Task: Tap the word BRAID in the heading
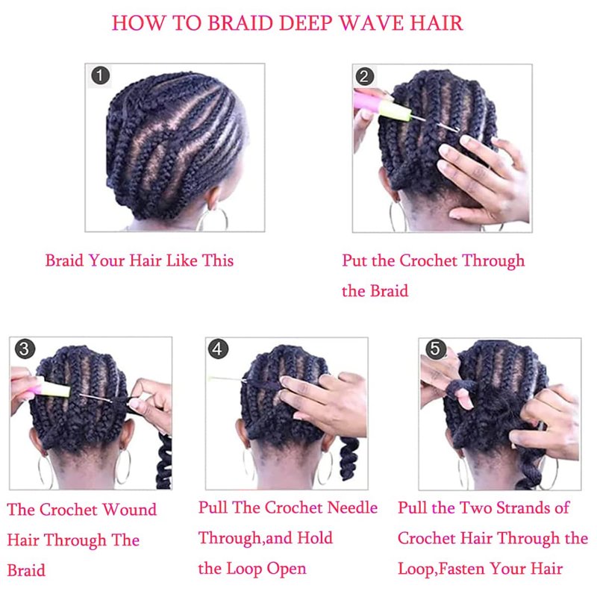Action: point(240,23)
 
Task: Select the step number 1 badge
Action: point(101,75)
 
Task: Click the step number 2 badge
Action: point(364,76)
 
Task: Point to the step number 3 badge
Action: point(25,349)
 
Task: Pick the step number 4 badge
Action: point(218,349)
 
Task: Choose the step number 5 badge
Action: point(436,349)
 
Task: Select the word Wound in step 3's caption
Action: point(130,510)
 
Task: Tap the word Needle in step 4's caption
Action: point(352,507)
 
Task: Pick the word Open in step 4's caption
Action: point(287,569)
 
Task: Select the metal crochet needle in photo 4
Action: point(228,379)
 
